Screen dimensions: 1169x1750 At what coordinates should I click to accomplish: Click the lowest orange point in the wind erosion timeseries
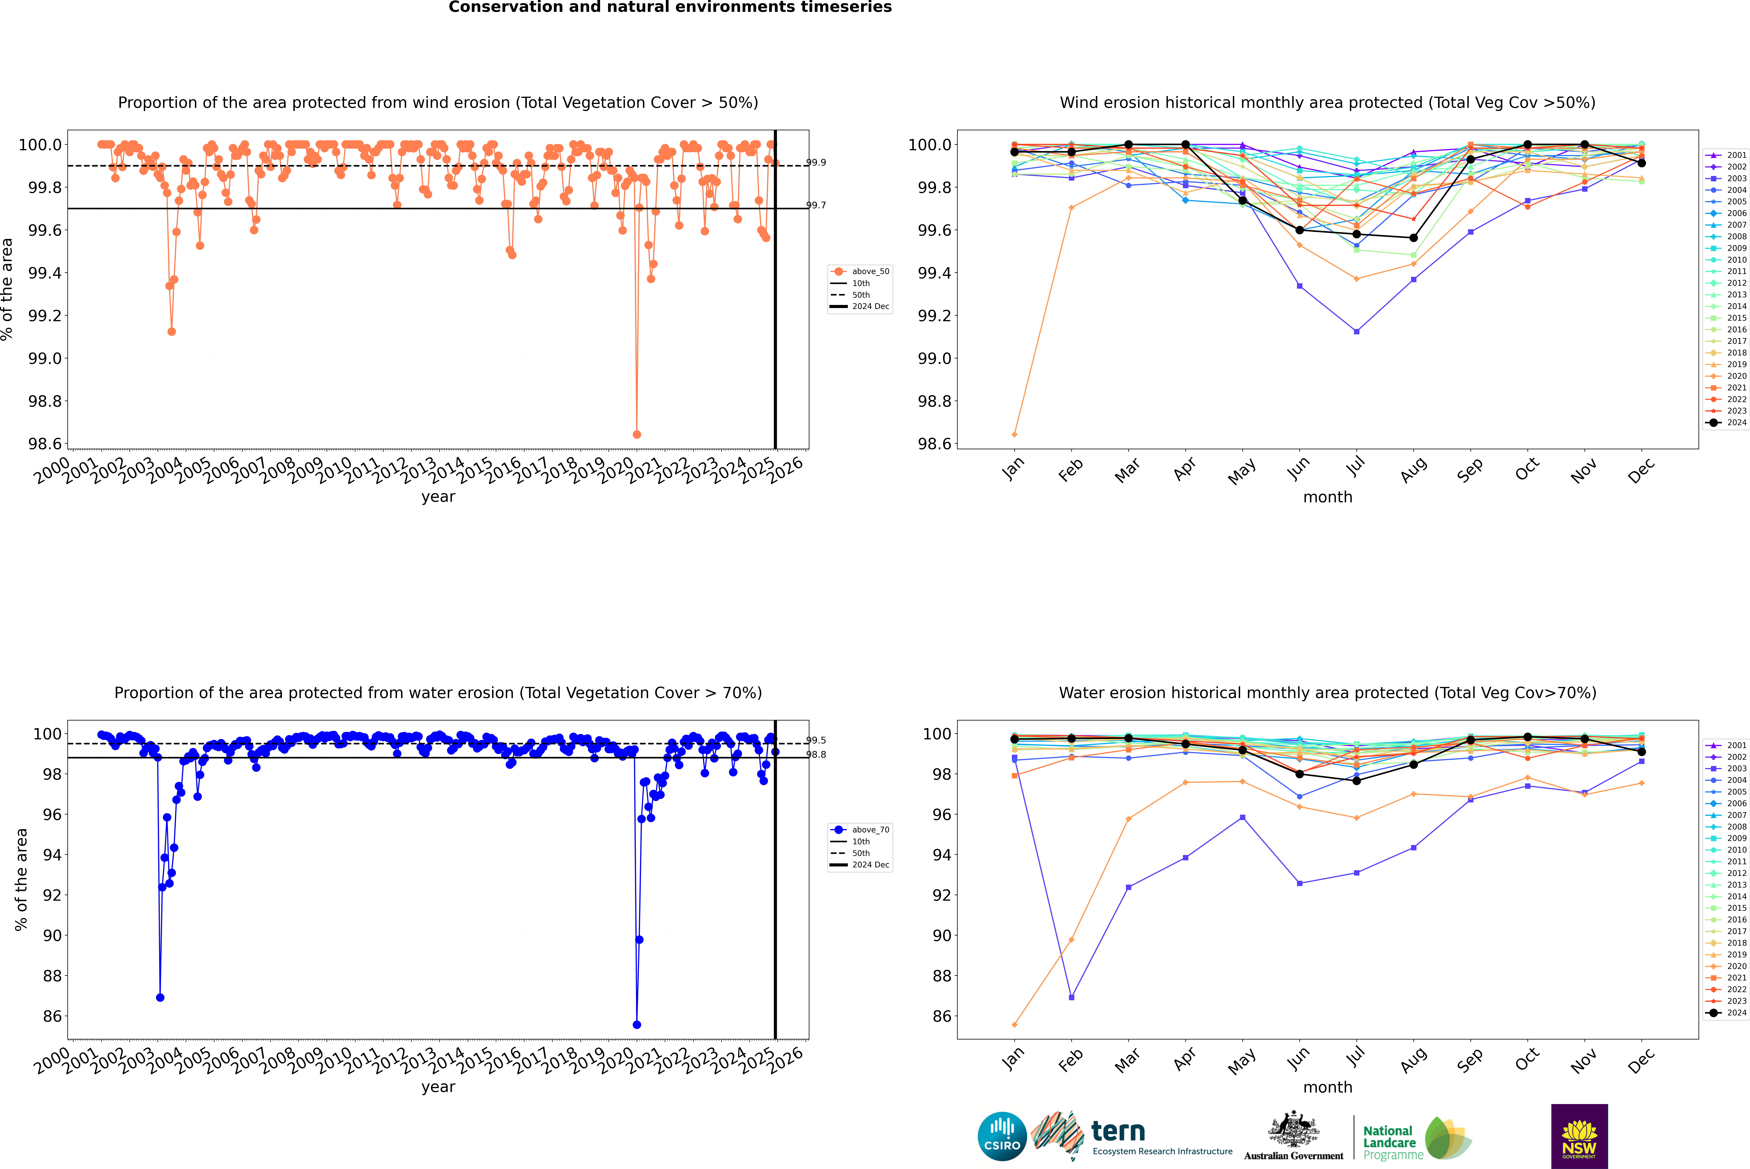[636, 434]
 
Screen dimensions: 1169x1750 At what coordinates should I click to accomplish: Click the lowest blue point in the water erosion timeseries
[636, 1024]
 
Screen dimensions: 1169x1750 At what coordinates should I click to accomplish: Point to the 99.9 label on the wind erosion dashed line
[816, 162]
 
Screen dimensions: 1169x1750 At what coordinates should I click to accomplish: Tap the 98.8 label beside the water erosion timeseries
[816, 755]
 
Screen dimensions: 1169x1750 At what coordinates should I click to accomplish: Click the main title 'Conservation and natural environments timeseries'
[670, 7]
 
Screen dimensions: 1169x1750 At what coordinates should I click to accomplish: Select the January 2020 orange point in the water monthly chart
[1014, 1024]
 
